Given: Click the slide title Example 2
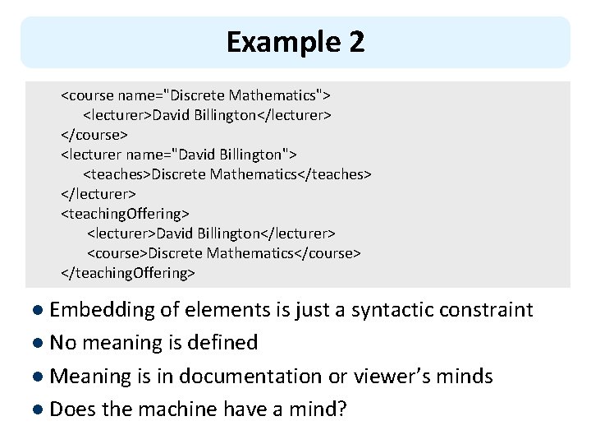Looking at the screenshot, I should (295, 42).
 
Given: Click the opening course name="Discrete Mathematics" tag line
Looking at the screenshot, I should (195, 95).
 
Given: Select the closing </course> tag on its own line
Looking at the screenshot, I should (94, 134).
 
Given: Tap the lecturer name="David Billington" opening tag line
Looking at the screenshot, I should (179, 154).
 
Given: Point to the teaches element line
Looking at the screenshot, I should (227, 174).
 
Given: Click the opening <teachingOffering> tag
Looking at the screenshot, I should (125, 214).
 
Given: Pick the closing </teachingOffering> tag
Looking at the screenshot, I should (128, 272).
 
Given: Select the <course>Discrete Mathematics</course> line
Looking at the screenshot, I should (223, 252).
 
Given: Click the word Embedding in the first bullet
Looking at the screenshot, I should (103, 310).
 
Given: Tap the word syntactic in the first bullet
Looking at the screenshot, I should (390, 310).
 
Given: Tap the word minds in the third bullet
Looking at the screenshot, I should (466, 377).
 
